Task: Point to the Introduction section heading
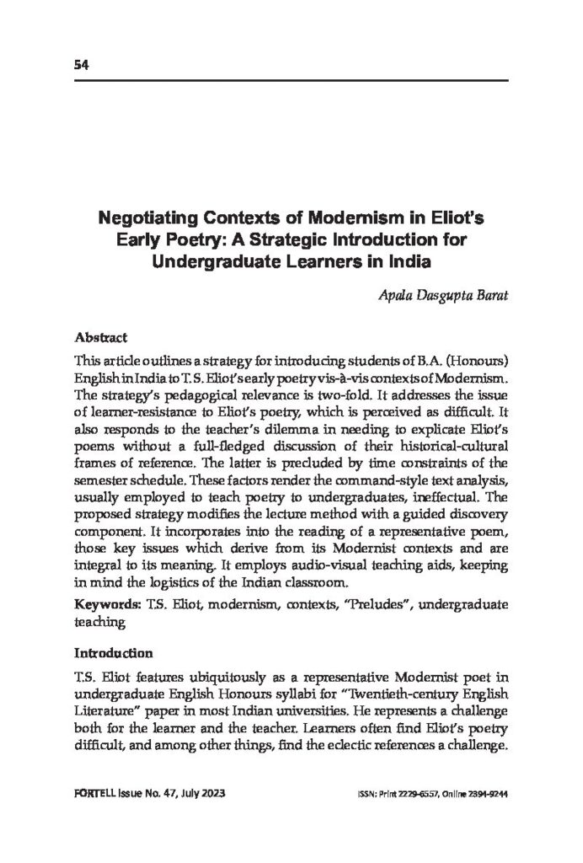coord(114,652)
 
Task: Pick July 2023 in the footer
coord(201,795)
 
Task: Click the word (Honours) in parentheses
coord(475,360)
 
